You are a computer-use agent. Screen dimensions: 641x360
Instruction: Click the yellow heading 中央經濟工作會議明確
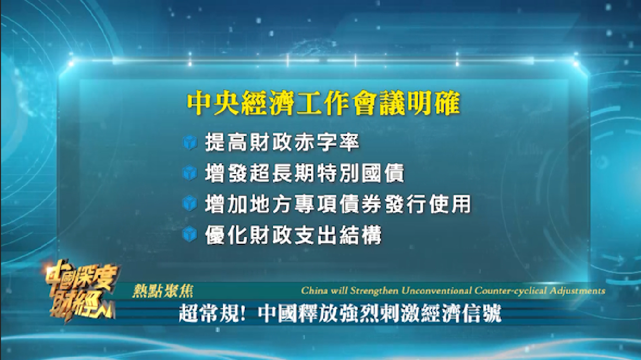tap(324, 103)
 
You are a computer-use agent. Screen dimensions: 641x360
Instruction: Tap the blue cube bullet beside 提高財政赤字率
tap(190, 142)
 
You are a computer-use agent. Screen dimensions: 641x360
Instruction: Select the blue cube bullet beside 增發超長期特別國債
tap(190, 173)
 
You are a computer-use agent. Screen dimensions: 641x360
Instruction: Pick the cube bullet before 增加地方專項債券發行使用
tap(190, 204)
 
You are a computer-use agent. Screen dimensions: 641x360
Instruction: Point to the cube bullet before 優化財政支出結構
tap(190, 234)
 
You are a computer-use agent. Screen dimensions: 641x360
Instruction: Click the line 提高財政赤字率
tap(282, 142)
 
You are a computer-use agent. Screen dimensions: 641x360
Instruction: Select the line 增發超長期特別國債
tap(304, 173)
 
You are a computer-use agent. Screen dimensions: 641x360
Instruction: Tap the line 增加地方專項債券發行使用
tap(338, 204)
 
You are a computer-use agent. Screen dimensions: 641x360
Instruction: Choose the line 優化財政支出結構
tap(293, 235)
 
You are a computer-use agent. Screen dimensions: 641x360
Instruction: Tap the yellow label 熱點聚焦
tap(163, 291)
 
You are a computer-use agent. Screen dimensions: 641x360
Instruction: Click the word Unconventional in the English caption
tap(436, 291)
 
